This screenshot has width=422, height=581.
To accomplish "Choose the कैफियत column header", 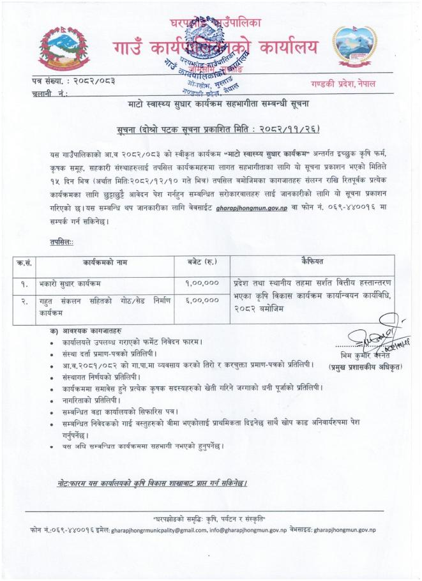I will (x=312, y=262).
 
